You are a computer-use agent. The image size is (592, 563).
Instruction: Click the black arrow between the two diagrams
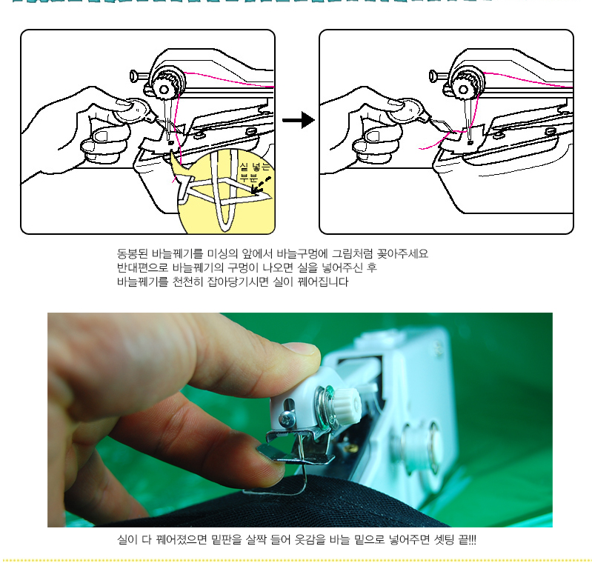point(299,120)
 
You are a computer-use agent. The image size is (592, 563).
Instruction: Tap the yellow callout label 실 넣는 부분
point(255,171)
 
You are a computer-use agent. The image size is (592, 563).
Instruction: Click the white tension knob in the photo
point(347,404)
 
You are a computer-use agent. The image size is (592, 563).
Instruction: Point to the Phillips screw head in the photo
point(285,419)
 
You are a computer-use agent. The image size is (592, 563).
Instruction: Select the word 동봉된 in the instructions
point(132,253)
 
